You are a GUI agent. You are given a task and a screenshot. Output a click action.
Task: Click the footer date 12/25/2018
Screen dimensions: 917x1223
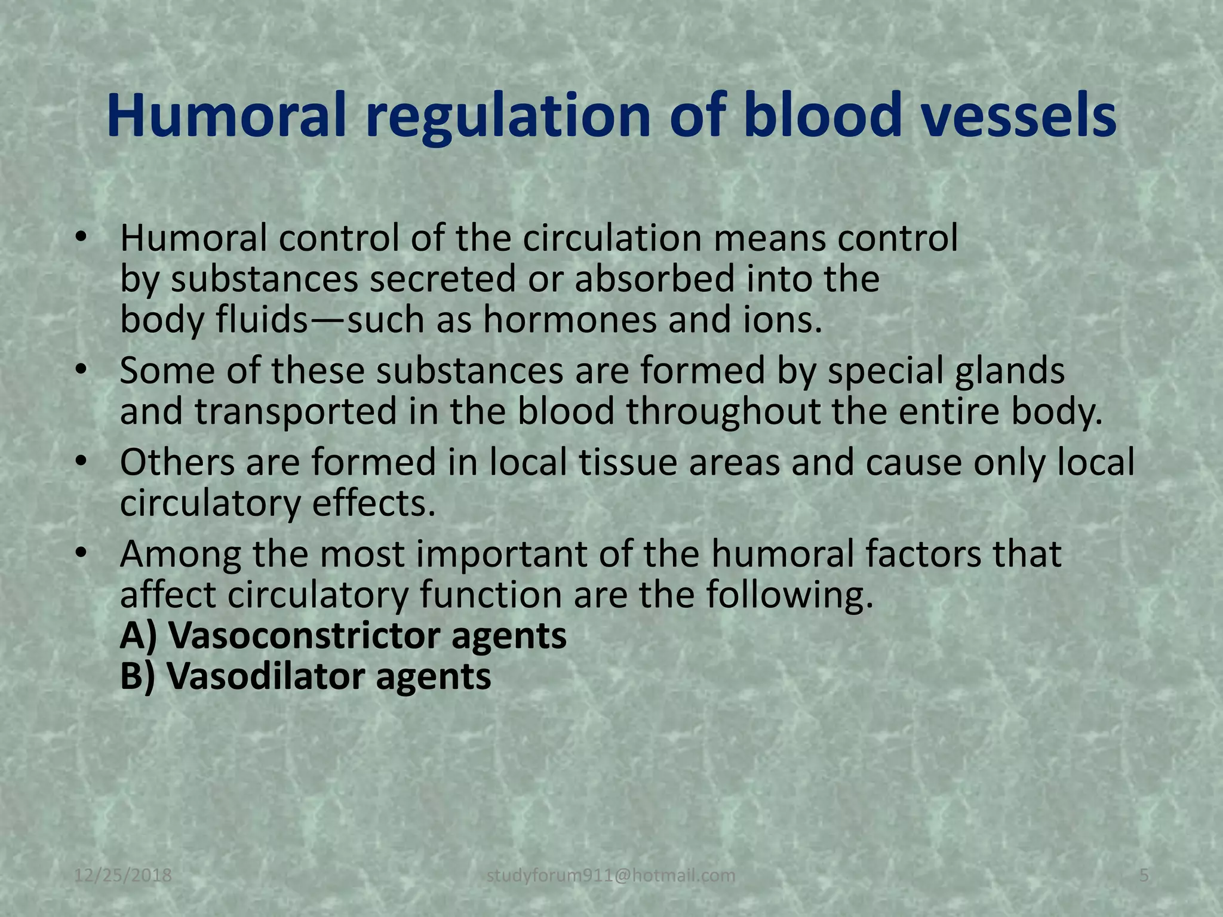(x=124, y=876)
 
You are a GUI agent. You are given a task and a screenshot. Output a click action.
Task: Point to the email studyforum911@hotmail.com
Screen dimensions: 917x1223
(x=611, y=876)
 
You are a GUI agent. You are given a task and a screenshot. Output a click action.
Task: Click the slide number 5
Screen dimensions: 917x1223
(x=1144, y=876)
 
